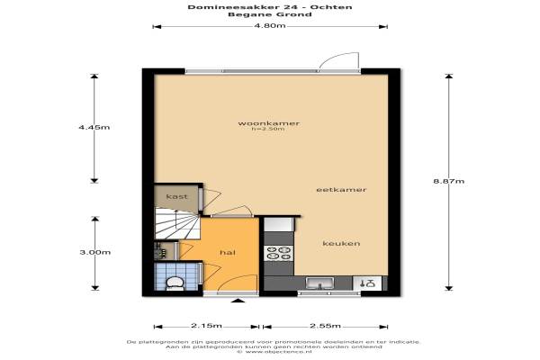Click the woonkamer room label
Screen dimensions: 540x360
click(x=268, y=123)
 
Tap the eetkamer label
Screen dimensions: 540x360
click(x=341, y=190)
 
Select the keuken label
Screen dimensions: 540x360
click(x=341, y=243)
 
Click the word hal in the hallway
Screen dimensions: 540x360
click(x=228, y=253)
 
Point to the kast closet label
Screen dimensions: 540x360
click(x=176, y=196)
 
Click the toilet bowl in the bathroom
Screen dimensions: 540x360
click(x=175, y=283)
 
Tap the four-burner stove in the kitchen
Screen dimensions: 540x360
click(x=279, y=253)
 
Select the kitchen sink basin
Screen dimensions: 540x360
click(x=319, y=283)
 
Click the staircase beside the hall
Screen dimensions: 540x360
click(x=177, y=223)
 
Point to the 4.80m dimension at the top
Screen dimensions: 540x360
click(x=270, y=25)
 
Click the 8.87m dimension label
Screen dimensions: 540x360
click(x=449, y=181)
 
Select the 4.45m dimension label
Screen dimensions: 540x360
click(x=94, y=127)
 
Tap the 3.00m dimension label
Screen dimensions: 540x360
click(x=95, y=252)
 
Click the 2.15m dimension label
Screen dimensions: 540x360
click(x=207, y=326)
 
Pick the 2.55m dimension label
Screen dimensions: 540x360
click(x=325, y=326)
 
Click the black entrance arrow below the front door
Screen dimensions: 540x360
click(x=238, y=301)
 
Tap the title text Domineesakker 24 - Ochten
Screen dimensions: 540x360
click(x=270, y=7)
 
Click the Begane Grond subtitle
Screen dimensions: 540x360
click(x=270, y=14)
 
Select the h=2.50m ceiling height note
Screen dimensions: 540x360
click(x=268, y=130)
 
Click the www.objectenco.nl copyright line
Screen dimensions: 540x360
click(x=274, y=352)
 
